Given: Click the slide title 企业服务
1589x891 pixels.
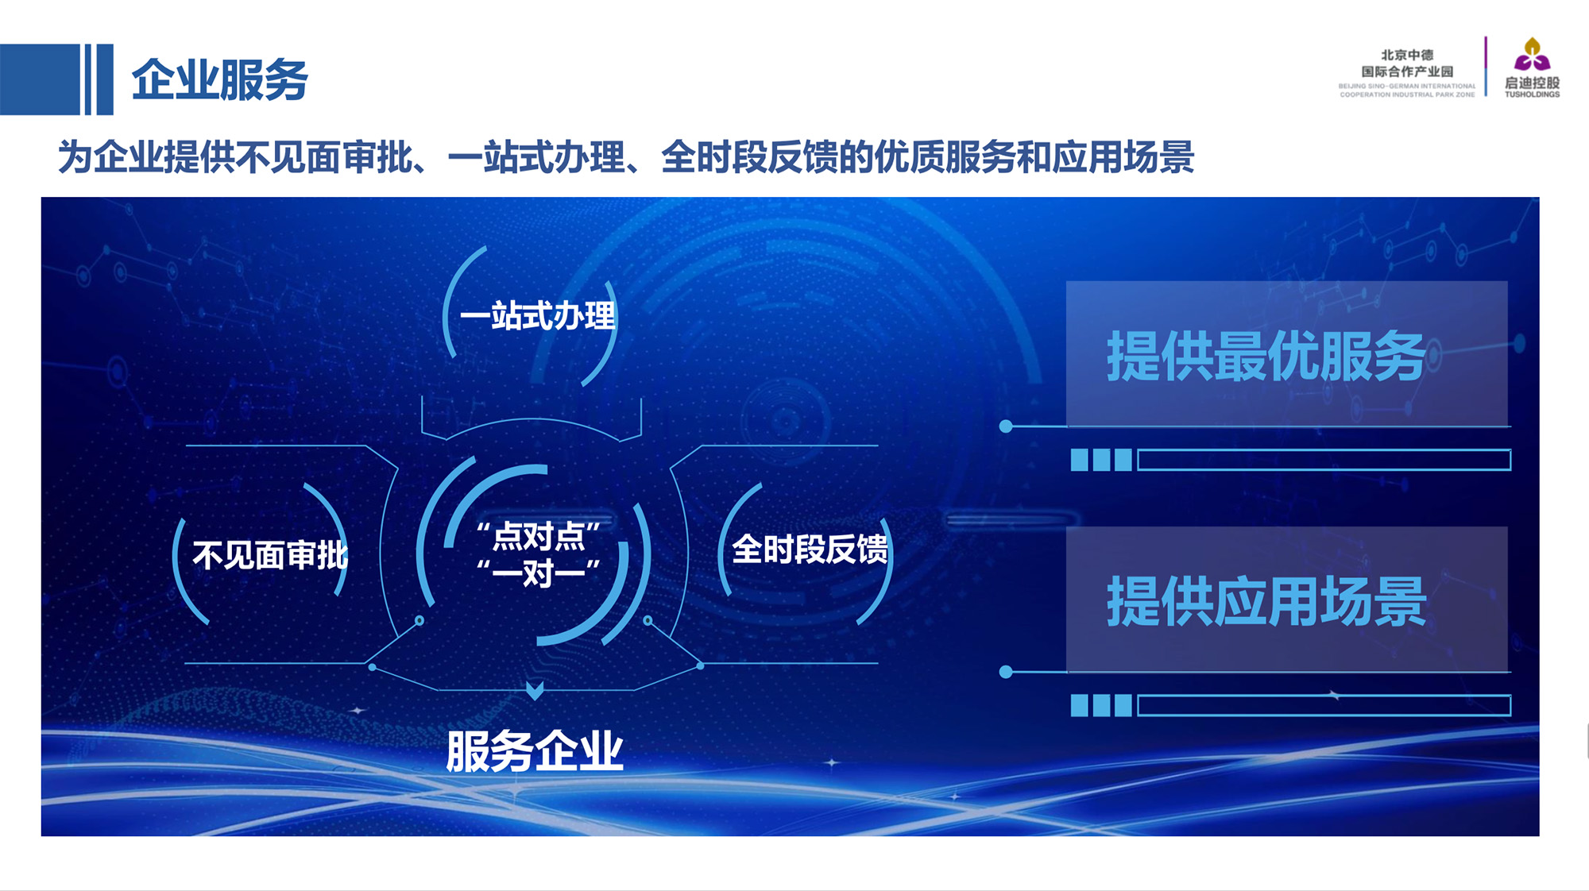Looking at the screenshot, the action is coord(219,79).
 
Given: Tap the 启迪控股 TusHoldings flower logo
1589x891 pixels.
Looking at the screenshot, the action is coord(1532,55).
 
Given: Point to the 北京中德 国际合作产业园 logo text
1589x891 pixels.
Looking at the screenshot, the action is coord(1407,64).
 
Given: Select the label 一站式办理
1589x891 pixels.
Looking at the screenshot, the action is coord(538,316).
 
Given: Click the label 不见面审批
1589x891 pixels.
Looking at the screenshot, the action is coord(270,555).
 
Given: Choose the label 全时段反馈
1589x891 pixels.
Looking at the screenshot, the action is coord(810,549).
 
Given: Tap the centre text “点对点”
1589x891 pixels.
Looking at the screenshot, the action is coord(539,536).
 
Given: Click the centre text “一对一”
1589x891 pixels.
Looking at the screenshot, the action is coord(539,572).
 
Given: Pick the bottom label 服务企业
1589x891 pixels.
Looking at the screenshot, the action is coord(535,750).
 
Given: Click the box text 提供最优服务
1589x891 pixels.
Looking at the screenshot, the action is coord(1266,356).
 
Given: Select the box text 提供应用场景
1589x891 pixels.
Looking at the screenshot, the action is coord(1266,601).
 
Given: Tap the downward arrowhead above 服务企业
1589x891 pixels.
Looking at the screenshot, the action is coord(535,690).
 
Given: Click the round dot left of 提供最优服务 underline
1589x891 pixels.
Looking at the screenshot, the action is coord(1006,426).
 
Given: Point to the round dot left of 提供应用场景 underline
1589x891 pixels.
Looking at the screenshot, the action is coord(1006,672).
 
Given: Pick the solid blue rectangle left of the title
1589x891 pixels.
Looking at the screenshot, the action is coord(40,79).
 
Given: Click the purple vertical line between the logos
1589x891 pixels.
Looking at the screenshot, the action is coord(1486,66).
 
